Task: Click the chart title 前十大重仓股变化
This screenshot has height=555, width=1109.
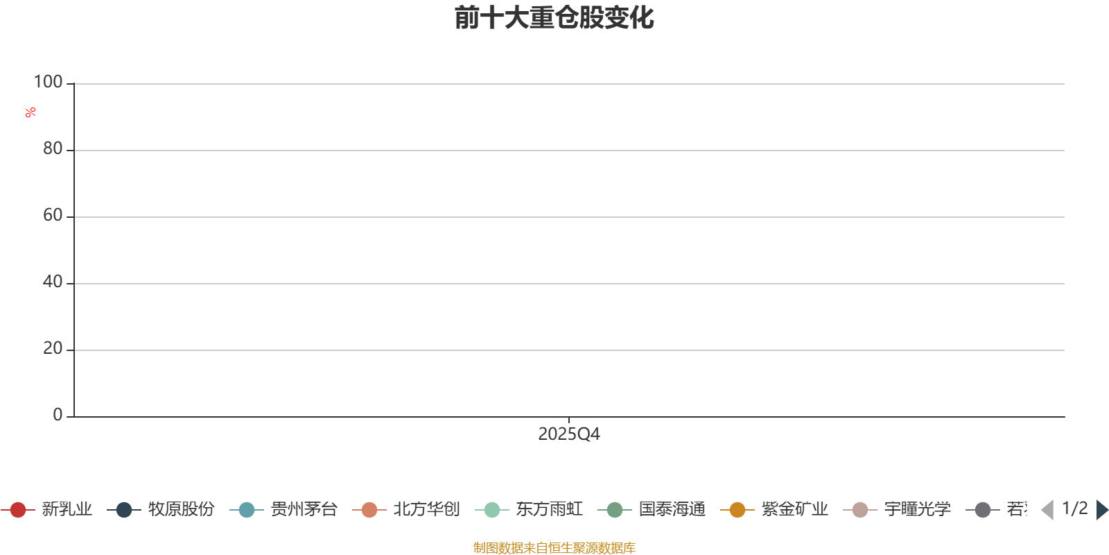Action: pyautogui.click(x=554, y=18)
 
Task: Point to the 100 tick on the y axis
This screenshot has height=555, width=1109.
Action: pyautogui.click(x=49, y=83)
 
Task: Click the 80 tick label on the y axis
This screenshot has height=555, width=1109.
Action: pyautogui.click(x=53, y=149)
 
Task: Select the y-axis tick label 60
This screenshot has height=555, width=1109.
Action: pyautogui.click(x=53, y=216)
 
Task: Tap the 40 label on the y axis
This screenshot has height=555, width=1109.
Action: pyautogui.click(x=53, y=282)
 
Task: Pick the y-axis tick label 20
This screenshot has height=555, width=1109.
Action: pyautogui.click(x=53, y=349)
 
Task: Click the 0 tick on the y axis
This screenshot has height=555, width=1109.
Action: pyautogui.click(x=58, y=416)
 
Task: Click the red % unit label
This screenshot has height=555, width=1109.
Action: pyautogui.click(x=30, y=112)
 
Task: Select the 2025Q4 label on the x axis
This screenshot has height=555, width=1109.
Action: pyautogui.click(x=568, y=434)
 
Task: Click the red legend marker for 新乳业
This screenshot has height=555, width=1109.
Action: pyautogui.click(x=18, y=510)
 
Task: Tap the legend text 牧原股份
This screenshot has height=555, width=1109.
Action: pyautogui.click(x=181, y=510)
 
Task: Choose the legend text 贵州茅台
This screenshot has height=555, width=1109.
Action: pyautogui.click(x=304, y=510)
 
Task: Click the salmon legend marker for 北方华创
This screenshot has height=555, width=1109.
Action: pyautogui.click(x=369, y=510)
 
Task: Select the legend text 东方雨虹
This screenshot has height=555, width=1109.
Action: pyautogui.click(x=549, y=510)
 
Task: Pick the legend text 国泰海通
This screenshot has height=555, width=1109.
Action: pyautogui.click(x=672, y=510)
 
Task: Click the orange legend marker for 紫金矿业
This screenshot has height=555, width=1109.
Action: pyautogui.click(x=737, y=510)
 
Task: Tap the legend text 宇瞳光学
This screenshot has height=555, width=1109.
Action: pyautogui.click(x=917, y=510)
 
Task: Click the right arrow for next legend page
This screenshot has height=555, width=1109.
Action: pyautogui.click(x=1101, y=510)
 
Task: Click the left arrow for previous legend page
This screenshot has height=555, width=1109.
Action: pyautogui.click(x=1047, y=510)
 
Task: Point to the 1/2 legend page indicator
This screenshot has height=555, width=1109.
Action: pyautogui.click(x=1074, y=509)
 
